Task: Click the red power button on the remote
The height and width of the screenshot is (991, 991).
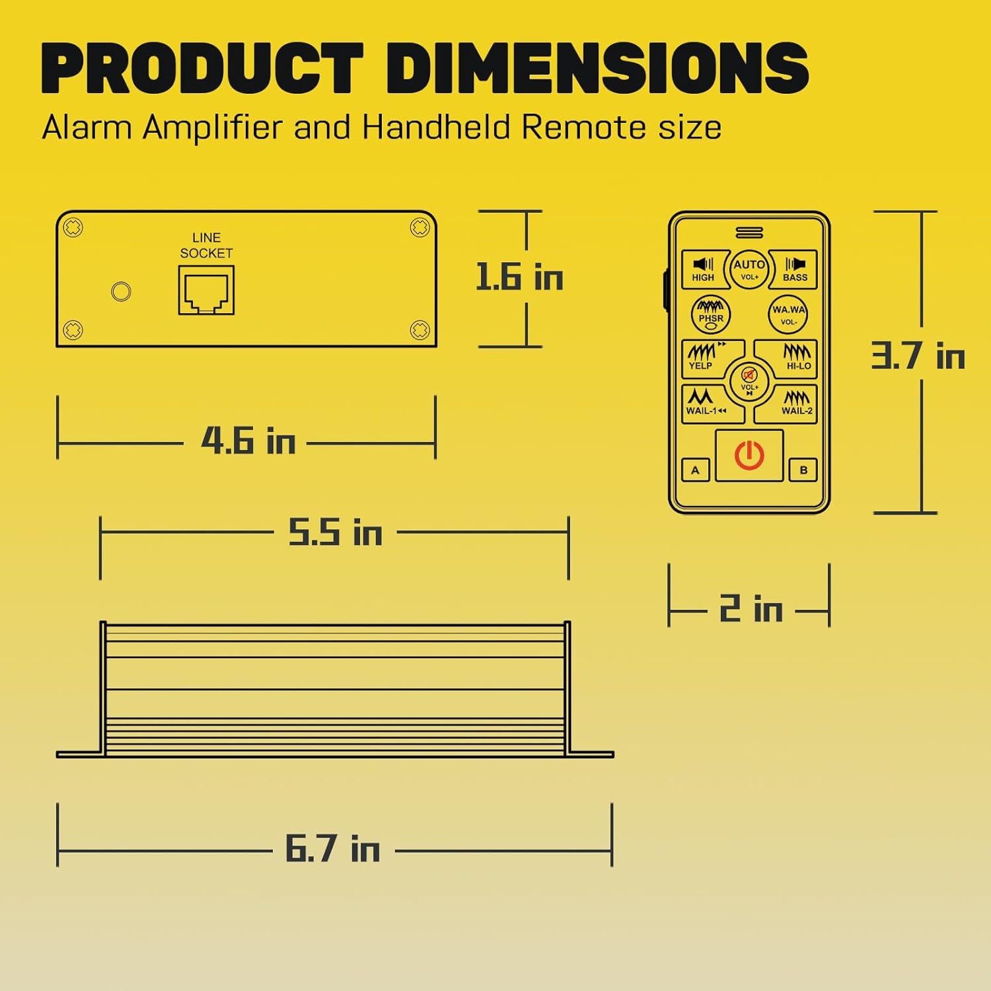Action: [x=749, y=456]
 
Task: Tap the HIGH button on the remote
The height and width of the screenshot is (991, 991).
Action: [x=703, y=270]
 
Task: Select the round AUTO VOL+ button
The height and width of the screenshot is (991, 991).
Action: [x=749, y=269]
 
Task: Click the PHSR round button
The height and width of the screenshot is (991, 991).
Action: [x=711, y=314]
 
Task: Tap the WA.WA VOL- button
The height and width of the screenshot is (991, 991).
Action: [x=789, y=314]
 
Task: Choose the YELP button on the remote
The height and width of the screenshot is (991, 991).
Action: [x=704, y=357]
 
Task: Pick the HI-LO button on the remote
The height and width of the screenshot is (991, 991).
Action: [x=795, y=357]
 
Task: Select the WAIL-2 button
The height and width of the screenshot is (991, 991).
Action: [x=794, y=403]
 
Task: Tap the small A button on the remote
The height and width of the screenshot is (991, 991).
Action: [x=695, y=470]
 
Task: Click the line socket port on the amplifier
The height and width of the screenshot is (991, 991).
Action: [x=206, y=291]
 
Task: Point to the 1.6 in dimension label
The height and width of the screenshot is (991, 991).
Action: [x=519, y=277]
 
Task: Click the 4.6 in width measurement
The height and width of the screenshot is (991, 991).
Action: [x=248, y=441]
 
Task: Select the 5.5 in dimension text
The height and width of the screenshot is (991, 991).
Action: [x=335, y=532]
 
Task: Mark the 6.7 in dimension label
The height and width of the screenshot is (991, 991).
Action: [x=332, y=848]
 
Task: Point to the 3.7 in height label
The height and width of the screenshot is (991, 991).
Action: [x=918, y=357]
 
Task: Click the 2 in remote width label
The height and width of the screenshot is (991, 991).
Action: [x=751, y=608]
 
